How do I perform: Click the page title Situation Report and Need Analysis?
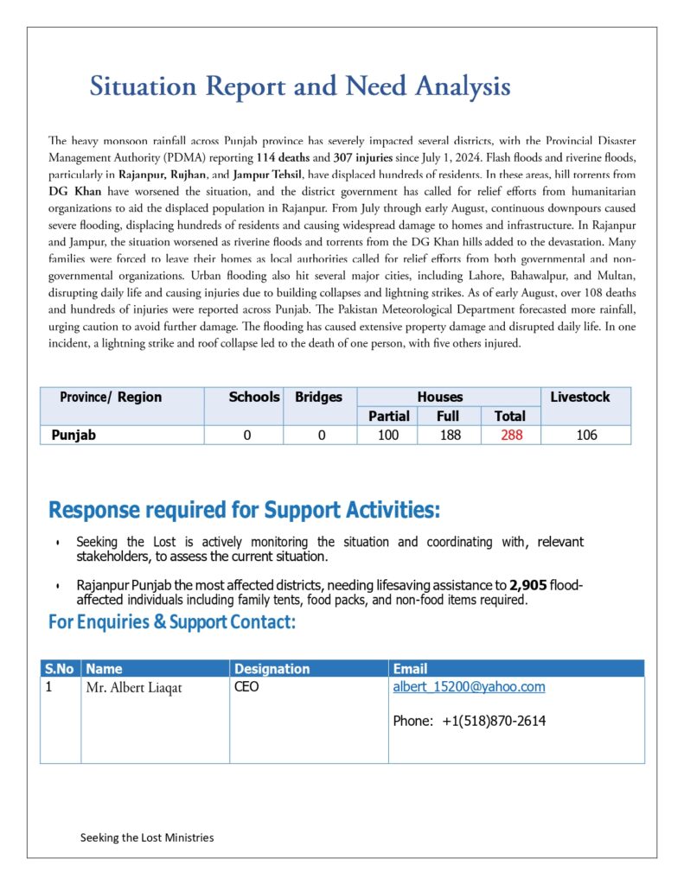point(300,86)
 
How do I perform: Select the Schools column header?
point(254,398)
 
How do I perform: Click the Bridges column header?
point(318,398)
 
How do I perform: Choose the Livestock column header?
point(579,398)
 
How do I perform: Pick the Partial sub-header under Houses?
point(388,417)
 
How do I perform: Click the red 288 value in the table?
point(511,436)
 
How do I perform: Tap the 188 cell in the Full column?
point(450,436)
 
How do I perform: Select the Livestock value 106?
point(586,436)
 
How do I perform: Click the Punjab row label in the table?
point(74,436)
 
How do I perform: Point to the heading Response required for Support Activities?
point(244,510)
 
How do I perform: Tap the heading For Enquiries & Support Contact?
point(172,622)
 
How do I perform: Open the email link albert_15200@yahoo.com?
point(469,687)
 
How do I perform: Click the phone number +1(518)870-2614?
point(494,721)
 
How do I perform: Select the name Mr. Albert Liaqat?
point(134,689)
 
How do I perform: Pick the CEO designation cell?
point(246,688)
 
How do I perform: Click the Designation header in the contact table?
point(272,669)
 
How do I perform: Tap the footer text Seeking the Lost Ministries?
point(147,837)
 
